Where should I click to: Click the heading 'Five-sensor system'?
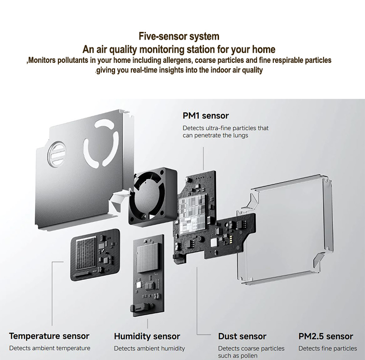179,36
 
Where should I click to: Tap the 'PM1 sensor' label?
206,116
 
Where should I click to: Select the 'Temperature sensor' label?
49,336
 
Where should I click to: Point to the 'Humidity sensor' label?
147,336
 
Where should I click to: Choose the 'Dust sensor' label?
242,336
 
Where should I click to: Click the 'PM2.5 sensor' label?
326,336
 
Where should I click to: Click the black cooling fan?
152,196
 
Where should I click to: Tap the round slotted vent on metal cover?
57,154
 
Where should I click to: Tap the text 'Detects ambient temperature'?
50,348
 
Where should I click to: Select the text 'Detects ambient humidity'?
150,348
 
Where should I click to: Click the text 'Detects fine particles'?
328,348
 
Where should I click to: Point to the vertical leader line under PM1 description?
203,159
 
